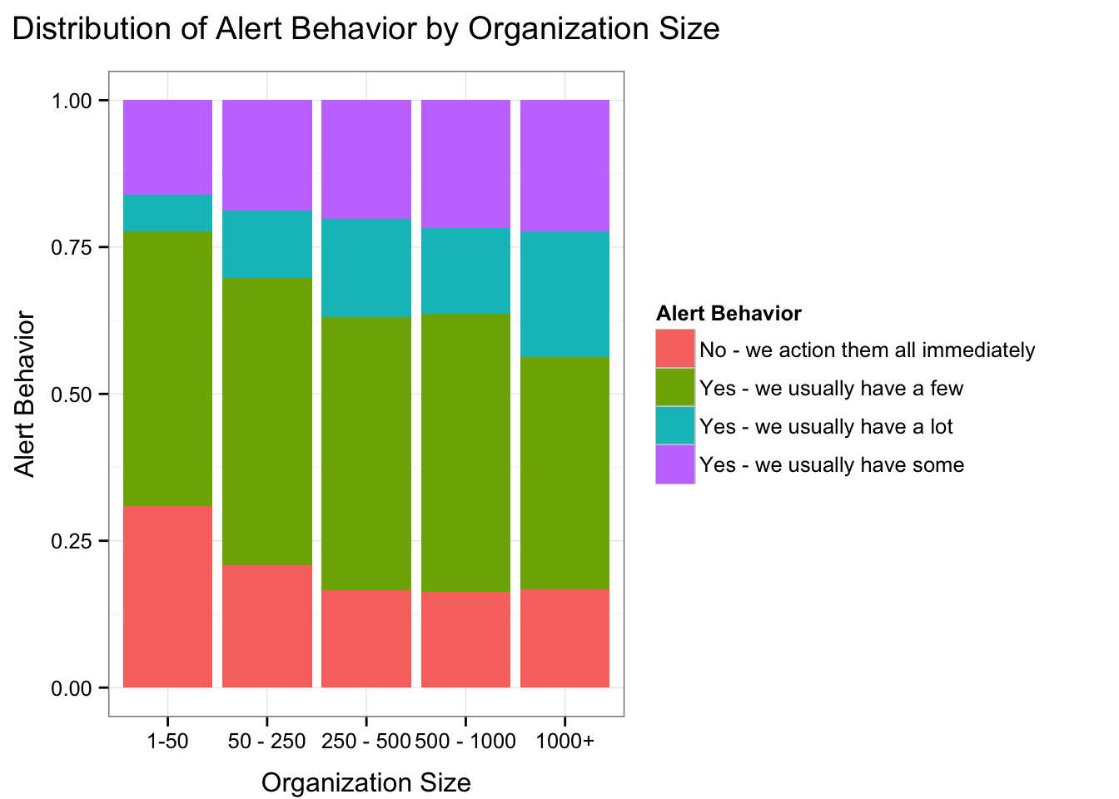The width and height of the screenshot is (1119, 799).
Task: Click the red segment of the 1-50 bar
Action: [167, 596]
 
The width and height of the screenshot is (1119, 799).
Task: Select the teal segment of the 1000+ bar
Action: [564, 294]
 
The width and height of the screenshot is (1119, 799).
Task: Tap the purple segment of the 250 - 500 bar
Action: [366, 159]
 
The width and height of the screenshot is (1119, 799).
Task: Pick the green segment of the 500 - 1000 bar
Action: [465, 453]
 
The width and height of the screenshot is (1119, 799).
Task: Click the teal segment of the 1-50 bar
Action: [167, 212]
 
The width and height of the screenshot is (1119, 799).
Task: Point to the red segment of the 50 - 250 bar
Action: [267, 626]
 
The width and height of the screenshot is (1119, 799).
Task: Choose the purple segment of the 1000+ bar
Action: [564, 165]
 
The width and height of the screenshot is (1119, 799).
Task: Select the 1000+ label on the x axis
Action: [564, 741]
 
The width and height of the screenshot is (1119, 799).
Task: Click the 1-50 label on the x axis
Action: [167, 741]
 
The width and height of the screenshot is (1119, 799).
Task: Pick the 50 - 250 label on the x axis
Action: [267, 741]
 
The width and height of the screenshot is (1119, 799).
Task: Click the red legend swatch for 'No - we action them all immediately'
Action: [675, 349]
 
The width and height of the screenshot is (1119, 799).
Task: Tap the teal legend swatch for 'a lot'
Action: [675, 425]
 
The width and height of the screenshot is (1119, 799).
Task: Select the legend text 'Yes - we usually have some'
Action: [832, 464]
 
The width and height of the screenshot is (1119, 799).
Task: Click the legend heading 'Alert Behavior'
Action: [729, 314]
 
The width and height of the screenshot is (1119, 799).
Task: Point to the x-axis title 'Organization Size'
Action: [366, 782]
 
